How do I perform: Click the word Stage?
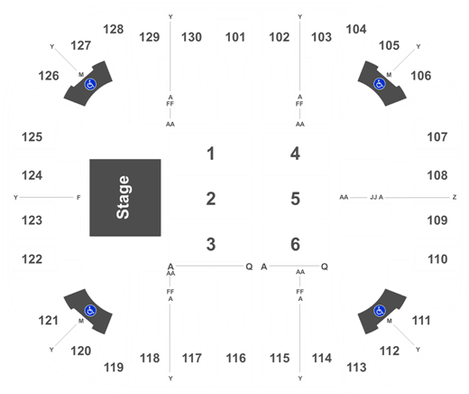pyautogui.click(x=124, y=197)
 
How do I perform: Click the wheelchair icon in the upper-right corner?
pyautogui.click(x=381, y=83)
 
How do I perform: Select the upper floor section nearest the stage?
pyautogui.click(x=209, y=152)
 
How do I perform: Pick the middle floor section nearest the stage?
pyautogui.click(x=209, y=196)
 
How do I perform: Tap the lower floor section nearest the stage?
pyautogui.click(x=209, y=240)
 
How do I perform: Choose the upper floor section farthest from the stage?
pyautogui.click(x=296, y=152)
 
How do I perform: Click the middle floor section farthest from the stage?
pyautogui.click(x=296, y=196)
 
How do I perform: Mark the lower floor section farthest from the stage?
pyautogui.click(x=296, y=240)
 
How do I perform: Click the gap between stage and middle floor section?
pyautogui.click(x=165, y=196)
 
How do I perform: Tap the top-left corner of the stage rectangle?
pyautogui.click(x=89, y=160)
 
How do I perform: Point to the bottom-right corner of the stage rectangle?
pyautogui.click(x=161, y=236)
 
